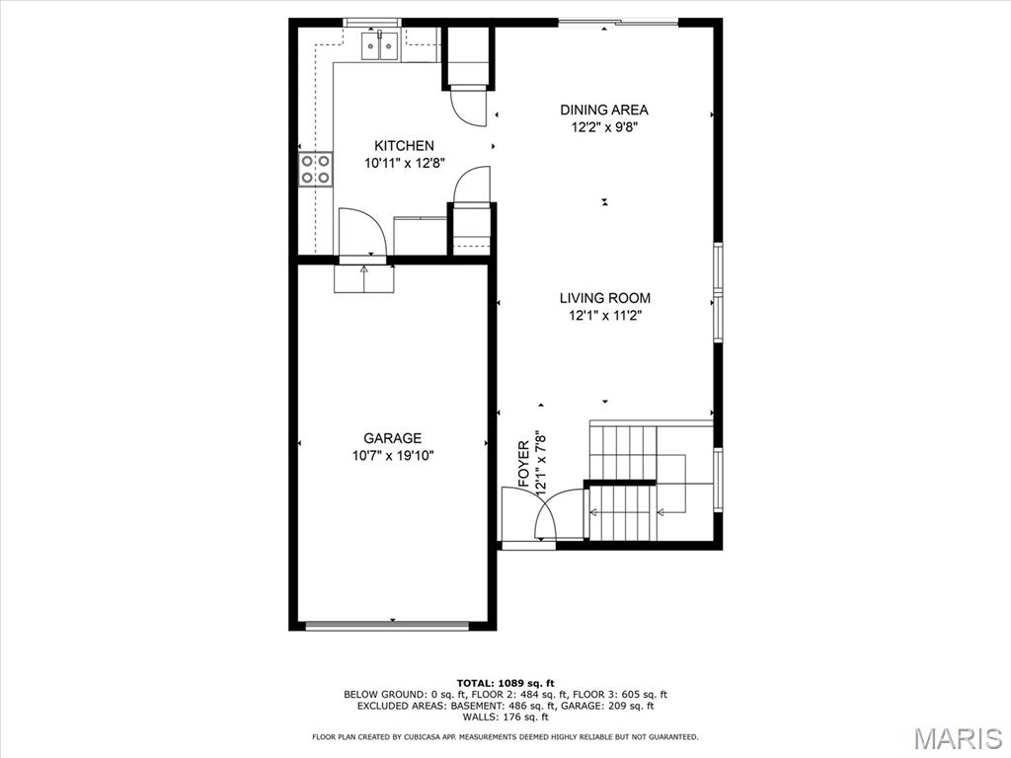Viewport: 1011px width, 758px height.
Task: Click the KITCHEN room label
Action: (404, 146)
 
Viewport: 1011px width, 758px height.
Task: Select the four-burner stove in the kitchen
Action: (316, 169)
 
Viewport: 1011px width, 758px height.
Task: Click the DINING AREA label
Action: (604, 110)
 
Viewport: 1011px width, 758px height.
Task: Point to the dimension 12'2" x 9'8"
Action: (604, 127)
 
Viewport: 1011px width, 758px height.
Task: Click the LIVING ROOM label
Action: (604, 298)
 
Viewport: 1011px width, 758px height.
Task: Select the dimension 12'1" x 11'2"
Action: (604, 316)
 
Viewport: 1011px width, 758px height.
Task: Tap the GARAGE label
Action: (392, 438)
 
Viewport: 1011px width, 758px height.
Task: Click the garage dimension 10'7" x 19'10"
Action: (392, 456)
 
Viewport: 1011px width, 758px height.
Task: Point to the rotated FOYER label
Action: (524, 464)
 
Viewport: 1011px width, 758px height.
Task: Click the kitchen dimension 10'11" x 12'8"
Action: (404, 164)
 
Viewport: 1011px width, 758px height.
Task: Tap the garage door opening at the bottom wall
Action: (387, 625)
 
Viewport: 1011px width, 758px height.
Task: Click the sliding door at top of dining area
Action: (618, 22)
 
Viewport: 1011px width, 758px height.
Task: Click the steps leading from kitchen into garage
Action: (364, 279)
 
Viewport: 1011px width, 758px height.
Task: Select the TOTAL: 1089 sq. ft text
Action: (505, 683)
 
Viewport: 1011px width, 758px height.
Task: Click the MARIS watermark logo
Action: (957, 738)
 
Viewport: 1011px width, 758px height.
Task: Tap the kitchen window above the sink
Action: (372, 22)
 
